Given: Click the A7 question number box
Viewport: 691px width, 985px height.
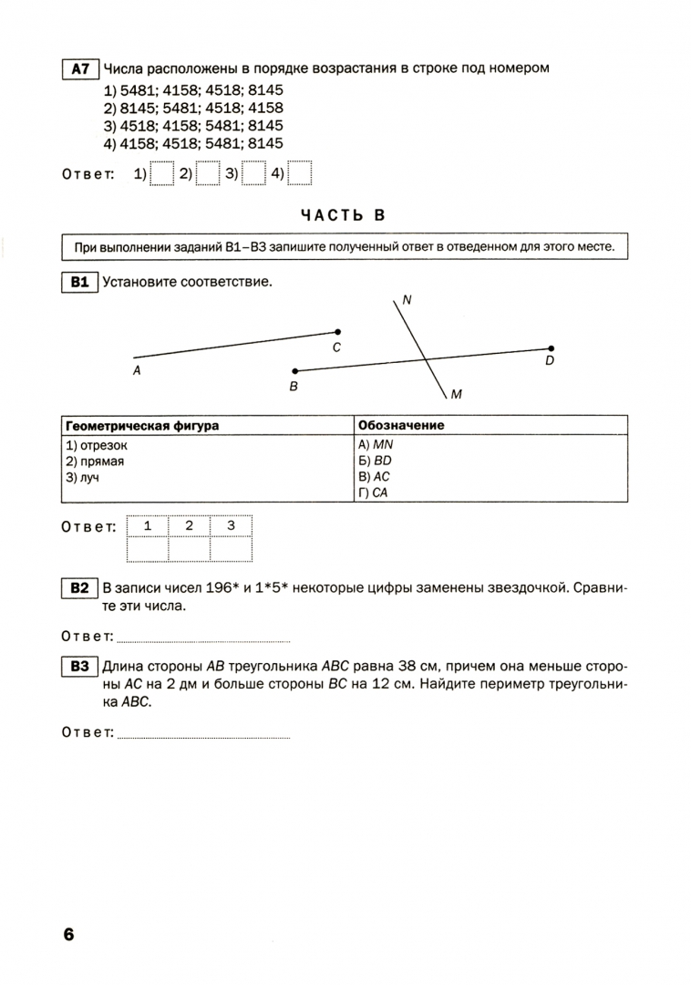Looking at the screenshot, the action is coord(80,68).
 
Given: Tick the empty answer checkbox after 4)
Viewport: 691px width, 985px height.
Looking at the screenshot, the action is coord(299,173).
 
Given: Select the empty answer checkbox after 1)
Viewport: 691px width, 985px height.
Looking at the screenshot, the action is coord(161,173).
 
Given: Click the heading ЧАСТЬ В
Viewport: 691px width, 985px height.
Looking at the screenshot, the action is coord(343,215).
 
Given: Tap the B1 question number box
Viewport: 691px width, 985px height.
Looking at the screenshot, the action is coord(79,282).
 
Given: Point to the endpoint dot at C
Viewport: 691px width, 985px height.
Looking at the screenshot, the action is coord(337,332).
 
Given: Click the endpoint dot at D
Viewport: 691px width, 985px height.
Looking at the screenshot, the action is coord(551,348).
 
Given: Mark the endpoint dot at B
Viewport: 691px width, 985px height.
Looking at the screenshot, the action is coord(295,371).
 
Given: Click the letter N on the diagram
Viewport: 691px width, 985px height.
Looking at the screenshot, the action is coord(407,300).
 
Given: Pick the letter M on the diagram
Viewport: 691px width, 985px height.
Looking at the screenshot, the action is coord(457,395).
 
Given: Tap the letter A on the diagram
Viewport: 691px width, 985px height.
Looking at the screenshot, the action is coord(137,370).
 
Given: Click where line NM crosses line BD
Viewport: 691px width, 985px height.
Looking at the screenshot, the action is coord(426,358).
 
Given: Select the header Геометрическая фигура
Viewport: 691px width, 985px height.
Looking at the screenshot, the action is coord(142,425).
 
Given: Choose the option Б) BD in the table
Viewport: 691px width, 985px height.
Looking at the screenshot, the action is coord(375,461).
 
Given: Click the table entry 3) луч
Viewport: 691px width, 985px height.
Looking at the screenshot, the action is coord(82,477).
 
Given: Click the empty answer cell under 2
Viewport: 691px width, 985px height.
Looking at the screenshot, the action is coord(189,549).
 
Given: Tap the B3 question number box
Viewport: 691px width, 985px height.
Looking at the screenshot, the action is coord(79,667).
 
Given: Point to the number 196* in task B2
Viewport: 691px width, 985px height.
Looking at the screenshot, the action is coord(222,588).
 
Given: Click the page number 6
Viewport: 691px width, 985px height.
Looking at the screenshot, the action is coord(68,935).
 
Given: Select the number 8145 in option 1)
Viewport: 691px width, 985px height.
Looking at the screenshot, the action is coord(265,89).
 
